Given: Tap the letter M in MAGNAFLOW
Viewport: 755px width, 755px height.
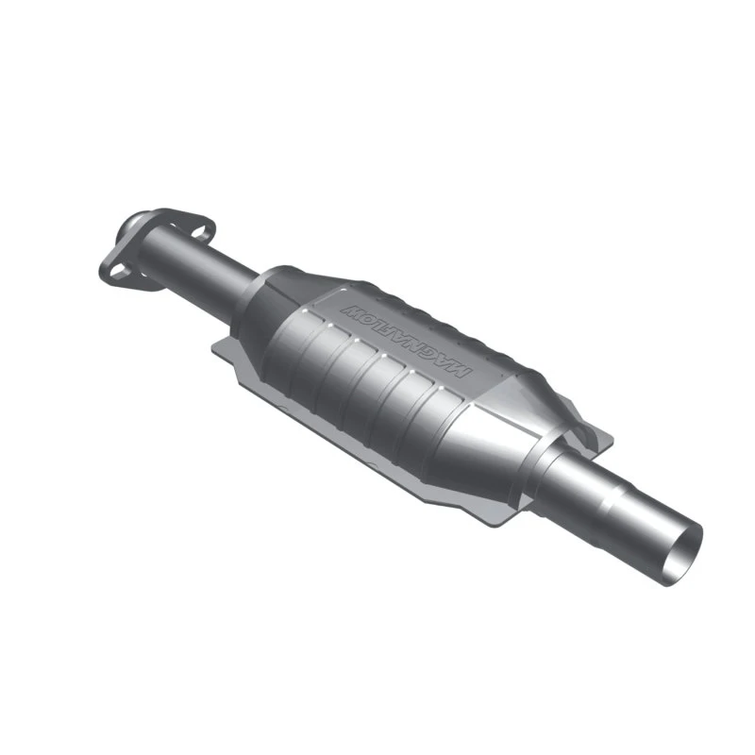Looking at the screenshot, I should click(460, 369).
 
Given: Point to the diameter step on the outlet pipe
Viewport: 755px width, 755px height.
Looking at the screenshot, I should click(618, 491).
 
